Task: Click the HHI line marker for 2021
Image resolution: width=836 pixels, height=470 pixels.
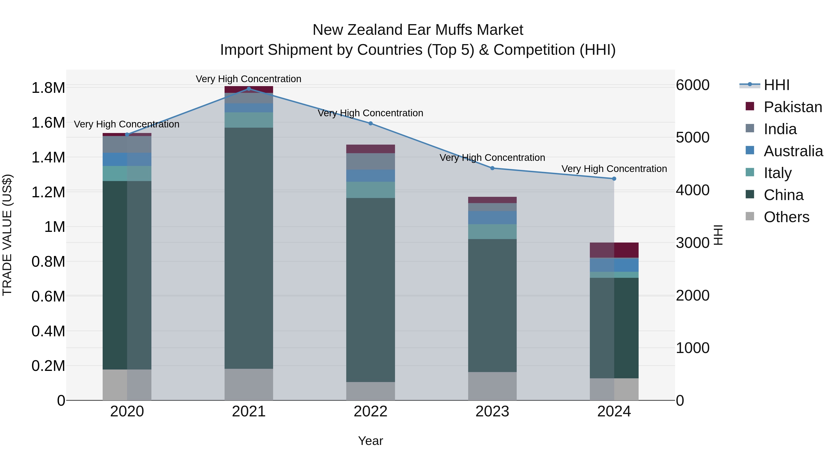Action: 248,89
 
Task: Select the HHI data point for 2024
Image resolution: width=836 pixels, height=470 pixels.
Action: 614,178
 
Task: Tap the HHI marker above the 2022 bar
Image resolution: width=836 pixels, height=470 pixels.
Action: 370,123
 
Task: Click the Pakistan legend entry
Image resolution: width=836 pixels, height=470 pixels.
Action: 793,107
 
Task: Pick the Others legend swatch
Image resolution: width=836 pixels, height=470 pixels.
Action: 750,216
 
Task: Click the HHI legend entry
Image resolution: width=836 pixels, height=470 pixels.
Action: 776,85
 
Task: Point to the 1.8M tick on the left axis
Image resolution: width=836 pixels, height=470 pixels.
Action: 48,88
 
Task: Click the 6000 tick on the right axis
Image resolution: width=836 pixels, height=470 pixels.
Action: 692,85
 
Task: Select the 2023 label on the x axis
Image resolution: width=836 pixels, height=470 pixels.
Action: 492,411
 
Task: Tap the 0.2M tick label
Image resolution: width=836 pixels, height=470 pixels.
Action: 48,366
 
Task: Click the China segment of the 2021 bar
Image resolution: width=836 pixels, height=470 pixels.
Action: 248,248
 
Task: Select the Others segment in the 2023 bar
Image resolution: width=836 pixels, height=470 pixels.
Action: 492,386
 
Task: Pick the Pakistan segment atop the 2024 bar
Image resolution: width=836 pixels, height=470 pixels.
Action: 614,250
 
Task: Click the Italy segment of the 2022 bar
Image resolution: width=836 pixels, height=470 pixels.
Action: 370,190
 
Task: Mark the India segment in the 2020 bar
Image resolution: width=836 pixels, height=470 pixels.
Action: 127,144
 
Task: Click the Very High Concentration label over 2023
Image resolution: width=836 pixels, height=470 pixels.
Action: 492,158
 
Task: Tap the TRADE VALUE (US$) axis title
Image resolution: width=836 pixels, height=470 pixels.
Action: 7,235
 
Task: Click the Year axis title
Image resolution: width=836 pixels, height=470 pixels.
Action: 370,441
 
